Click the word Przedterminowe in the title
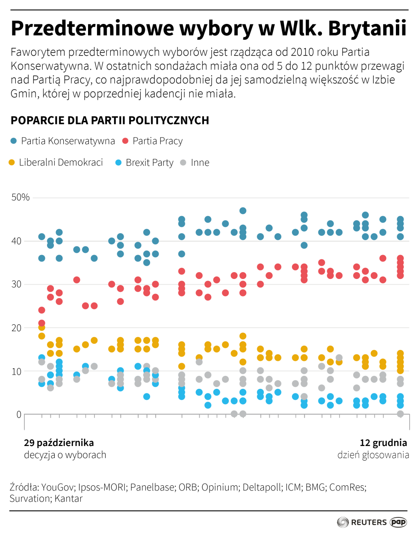(x=92, y=29)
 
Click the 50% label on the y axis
(x=21, y=197)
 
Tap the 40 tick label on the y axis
(x=16, y=241)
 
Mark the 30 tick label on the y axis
(x=16, y=285)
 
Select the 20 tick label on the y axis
(x=16, y=328)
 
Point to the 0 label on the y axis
(x=19, y=415)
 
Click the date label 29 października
(x=59, y=443)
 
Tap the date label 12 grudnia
(x=383, y=443)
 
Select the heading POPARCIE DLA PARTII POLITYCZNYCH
(x=110, y=121)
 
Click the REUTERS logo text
(x=369, y=522)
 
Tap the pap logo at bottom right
(x=398, y=522)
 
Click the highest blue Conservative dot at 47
(x=243, y=211)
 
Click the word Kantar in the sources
(x=69, y=499)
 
